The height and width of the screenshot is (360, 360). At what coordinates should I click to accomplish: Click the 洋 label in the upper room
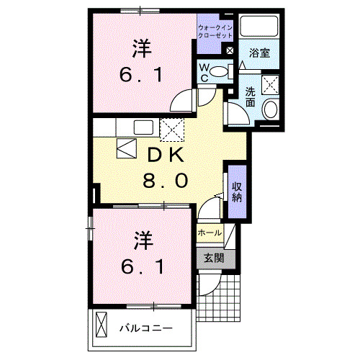tap(141, 48)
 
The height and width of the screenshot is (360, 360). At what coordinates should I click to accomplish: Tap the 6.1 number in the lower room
tap(142, 267)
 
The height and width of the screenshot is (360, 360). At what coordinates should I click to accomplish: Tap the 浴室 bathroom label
tap(258, 53)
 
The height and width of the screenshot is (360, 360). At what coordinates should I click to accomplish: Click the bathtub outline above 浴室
tap(258, 26)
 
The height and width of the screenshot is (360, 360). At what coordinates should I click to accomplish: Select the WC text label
tap(204, 73)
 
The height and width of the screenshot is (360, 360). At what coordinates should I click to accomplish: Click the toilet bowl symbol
tap(225, 70)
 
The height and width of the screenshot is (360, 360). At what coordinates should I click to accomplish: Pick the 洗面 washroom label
tap(250, 96)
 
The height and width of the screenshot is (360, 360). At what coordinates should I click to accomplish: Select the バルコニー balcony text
tap(145, 328)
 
